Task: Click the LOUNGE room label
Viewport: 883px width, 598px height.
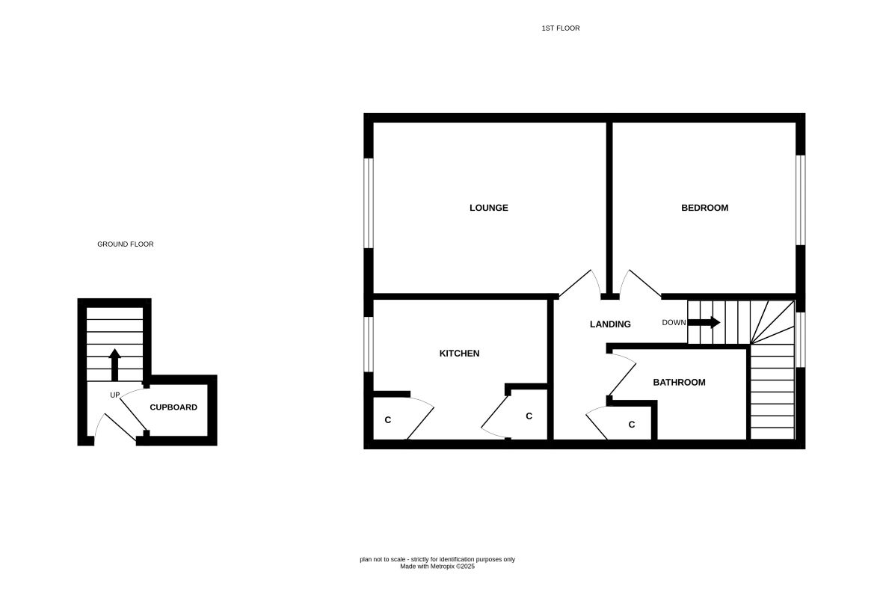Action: point(488,208)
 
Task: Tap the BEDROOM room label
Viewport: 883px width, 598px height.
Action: point(704,208)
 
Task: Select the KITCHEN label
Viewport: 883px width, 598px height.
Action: point(459,354)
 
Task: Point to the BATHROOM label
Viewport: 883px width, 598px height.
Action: point(679,383)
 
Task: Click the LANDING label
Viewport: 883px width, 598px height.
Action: point(610,324)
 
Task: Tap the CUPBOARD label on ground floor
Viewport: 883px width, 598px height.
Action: point(173,407)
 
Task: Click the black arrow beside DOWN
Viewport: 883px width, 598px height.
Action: point(704,323)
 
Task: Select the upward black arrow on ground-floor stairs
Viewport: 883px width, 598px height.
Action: point(114,365)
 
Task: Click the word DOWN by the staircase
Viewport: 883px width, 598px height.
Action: point(673,323)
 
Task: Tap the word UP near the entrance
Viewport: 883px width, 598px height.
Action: point(115,395)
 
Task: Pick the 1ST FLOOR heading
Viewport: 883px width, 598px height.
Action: point(561,28)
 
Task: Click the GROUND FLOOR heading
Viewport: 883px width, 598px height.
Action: point(126,244)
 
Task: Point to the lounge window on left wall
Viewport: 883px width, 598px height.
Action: point(369,203)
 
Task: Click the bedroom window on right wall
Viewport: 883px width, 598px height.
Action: point(800,200)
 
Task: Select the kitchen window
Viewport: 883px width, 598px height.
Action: point(369,344)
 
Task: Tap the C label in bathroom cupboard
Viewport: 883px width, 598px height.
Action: point(632,425)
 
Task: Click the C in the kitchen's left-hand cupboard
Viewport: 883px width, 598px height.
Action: point(387,420)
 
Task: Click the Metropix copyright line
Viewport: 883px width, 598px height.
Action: point(437,567)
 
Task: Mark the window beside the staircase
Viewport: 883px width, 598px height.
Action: point(800,339)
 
